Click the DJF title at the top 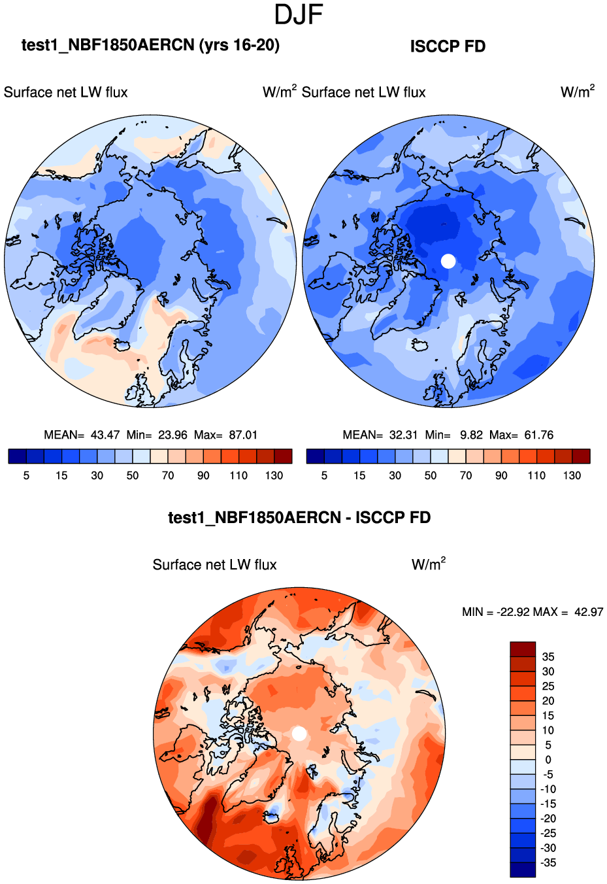click(299, 14)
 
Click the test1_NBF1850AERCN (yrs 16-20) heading click(150, 45)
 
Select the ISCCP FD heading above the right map click(448, 46)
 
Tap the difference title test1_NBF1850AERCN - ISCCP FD click(299, 518)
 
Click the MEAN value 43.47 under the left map click(105, 435)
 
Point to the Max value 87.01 click(243, 435)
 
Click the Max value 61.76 click(539, 435)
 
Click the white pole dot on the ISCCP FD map click(448, 261)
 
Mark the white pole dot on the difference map click(299, 734)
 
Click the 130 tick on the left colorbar click(274, 475)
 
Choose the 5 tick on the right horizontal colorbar click(324, 475)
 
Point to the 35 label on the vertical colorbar click(548, 656)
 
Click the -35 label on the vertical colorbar click(548, 862)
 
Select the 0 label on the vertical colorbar click(548, 760)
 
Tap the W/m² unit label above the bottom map click(429, 564)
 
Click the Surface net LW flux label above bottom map click(214, 565)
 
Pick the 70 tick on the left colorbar click(168, 475)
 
